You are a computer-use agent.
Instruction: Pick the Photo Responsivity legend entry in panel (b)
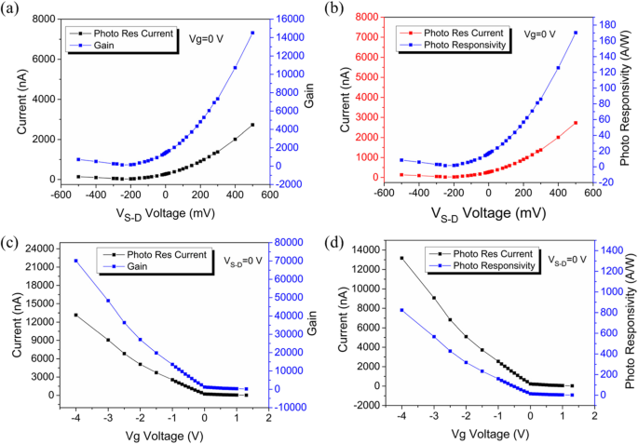point(453,44)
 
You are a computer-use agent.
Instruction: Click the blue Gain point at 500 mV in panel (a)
point(252,33)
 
